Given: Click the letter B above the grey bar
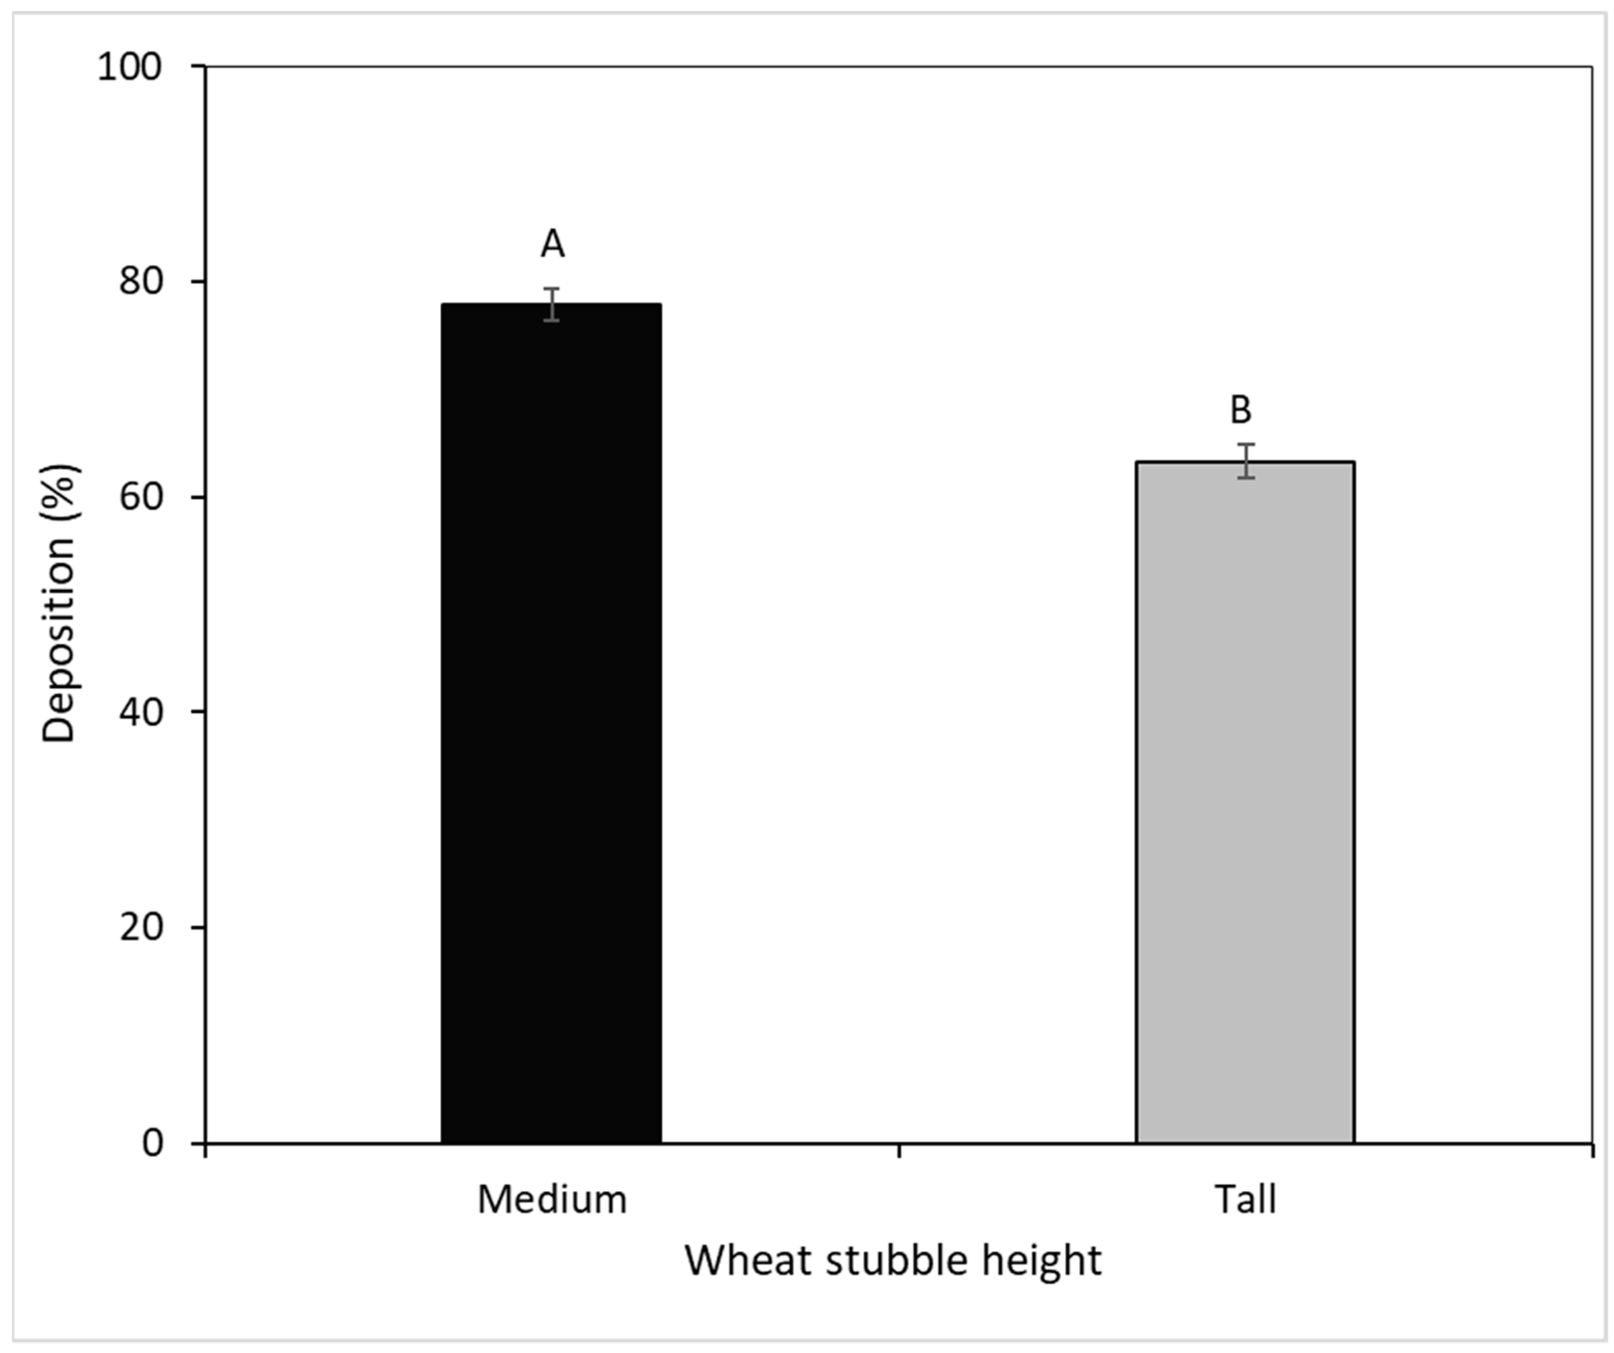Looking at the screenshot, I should pyautogui.click(x=1240, y=410).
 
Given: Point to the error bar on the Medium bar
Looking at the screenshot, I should pyautogui.click(x=552, y=305).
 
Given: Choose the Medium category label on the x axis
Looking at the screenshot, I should pyautogui.click(x=552, y=1199).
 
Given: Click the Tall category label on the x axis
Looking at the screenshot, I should pyautogui.click(x=1245, y=1199).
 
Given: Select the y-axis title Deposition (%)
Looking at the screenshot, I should pyautogui.click(x=59, y=603).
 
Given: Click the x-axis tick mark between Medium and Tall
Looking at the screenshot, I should pyautogui.click(x=899, y=1150).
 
